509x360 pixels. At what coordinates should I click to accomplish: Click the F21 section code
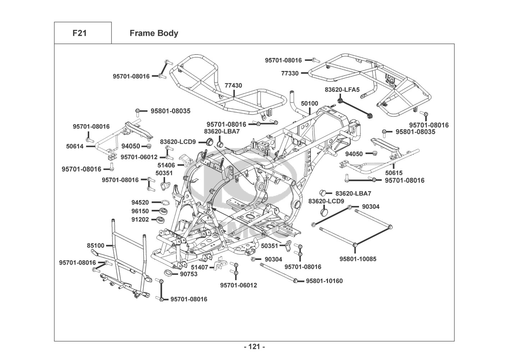click(79, 33)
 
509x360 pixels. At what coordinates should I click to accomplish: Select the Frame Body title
click(154, 33)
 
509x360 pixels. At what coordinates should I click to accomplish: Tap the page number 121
click(254, 347)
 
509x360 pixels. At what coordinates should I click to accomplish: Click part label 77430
click(233, 86)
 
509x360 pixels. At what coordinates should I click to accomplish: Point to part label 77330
click(290, 73)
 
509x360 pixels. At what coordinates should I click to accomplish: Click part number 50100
click(309, 103)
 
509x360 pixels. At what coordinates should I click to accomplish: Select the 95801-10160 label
click(324, 281)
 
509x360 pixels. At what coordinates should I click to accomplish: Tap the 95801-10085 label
click(358, 259)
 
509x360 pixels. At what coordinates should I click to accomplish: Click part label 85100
click(96, 246)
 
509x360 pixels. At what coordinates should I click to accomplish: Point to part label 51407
click(199, 267)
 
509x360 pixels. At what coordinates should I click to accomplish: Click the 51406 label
click(166, 165)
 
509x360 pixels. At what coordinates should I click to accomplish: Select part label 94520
click(140, 203)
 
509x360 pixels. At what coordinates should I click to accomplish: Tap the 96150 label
click(140, 211)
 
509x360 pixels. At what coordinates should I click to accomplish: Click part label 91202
click(140, 219)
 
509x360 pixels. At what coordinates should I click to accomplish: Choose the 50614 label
click(75, 146)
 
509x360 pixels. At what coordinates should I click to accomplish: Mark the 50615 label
click(394, 173)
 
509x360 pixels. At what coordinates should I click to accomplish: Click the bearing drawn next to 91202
click(162, 219)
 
